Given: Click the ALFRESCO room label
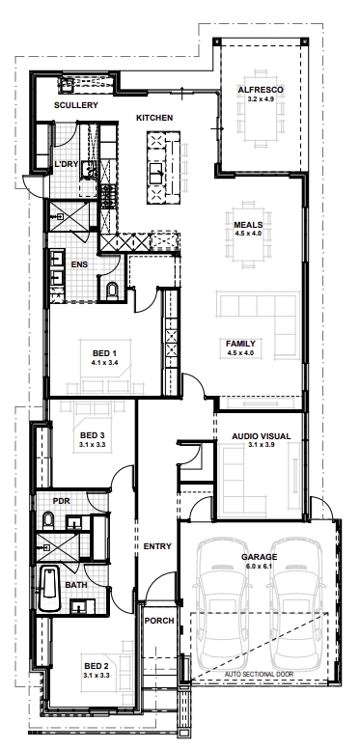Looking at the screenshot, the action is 261,90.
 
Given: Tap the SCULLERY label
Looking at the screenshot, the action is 76,105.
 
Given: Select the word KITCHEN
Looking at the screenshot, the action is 154,118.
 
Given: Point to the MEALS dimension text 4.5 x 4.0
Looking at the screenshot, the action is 249,234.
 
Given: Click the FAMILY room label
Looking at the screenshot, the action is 240,344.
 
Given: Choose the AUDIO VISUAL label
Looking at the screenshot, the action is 261,436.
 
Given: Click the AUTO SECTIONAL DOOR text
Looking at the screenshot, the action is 259,674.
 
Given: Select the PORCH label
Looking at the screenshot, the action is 159,621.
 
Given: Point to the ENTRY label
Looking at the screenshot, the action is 157,546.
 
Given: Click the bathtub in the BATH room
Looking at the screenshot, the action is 49,588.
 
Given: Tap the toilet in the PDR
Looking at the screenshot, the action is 48,520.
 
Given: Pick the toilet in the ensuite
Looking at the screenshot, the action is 112,291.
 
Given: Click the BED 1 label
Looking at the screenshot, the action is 104,353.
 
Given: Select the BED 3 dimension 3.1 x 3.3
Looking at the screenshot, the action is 93,444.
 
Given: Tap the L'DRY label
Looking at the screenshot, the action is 66,164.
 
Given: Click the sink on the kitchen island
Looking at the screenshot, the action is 156,173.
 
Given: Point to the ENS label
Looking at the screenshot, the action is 79,264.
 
